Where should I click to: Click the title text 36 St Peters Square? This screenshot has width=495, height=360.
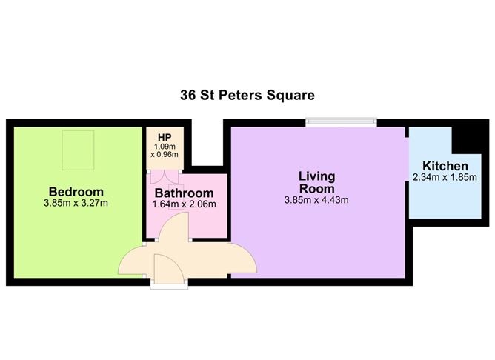(247, 95)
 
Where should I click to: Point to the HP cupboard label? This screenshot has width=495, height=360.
(164, 137)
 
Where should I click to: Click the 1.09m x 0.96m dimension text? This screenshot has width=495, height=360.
(164, 151)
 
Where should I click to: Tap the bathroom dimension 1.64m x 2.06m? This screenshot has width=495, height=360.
(184, 204)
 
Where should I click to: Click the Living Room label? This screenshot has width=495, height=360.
(316, 182)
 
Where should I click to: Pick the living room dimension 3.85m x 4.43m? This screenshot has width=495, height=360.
(316, 200)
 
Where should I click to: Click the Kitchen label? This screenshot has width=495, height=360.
(445, 166)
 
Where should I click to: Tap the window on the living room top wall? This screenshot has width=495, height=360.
(342, 122)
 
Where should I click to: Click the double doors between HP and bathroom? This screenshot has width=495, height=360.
(164, 176)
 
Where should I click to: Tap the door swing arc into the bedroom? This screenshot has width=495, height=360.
(133, 259)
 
